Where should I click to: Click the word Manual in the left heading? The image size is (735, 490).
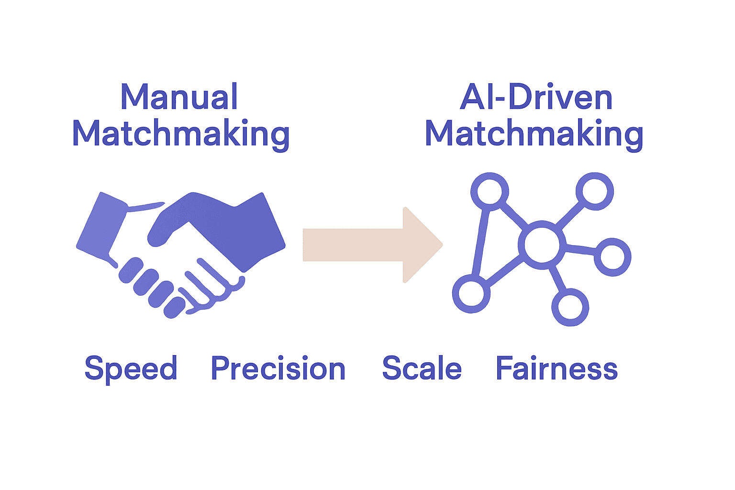tap(179, 97)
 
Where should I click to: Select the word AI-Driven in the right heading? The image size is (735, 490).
tap(536, 98)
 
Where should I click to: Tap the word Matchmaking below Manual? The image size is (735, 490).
tap(181, 134)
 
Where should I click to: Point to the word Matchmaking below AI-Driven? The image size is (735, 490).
tap(534, 134)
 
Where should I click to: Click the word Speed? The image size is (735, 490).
tap(131, 369)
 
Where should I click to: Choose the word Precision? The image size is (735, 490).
tap(278, 369)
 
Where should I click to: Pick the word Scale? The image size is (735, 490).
tap(422, 368)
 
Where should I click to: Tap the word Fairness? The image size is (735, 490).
tap(557, 368)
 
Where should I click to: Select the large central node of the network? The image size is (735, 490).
tap(541, 245)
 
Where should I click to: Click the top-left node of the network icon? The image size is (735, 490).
tap(489, 191)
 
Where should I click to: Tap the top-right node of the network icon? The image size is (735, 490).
tap(594, 191)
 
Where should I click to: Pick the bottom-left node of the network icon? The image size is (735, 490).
tap(471, 294)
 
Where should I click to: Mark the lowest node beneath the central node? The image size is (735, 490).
tap(570, 307)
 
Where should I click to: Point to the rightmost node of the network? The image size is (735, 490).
tap(612, 257)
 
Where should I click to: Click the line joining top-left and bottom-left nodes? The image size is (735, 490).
tap(480, 242)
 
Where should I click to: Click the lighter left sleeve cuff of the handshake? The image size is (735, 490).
tap(101, 225)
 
